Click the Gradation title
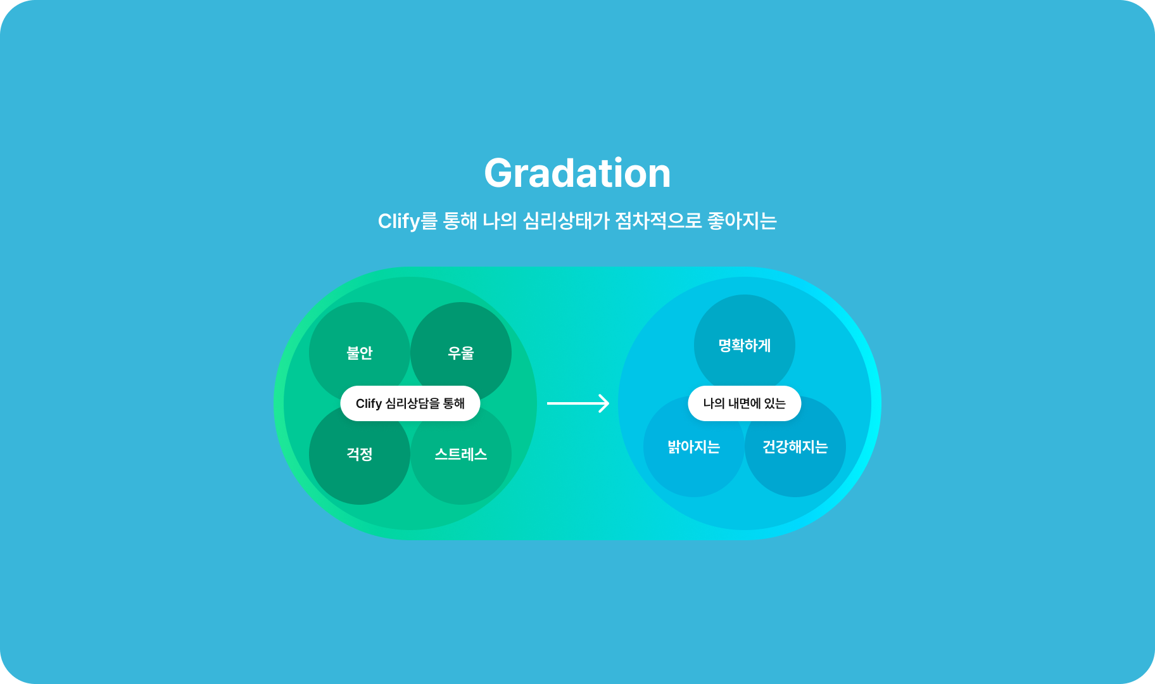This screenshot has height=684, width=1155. click(x=577, y=174)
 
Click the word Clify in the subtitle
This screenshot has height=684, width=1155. click(x=399, y=222)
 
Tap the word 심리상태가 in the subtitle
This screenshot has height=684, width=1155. click(x=566, y=221)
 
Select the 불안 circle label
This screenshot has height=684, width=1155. click(x=360, y=353)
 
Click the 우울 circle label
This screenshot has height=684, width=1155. click(x=461, y=353)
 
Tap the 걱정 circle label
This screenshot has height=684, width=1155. click(x=360, y=454)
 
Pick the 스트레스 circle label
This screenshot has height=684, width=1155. click(x=461, y=454)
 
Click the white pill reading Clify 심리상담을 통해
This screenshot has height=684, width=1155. click(x=410, y=403)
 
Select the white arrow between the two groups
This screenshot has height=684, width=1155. click(x=578, y=403)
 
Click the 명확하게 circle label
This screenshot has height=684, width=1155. click(x=745, y=345)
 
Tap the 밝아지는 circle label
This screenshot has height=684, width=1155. click(x=694, y=446)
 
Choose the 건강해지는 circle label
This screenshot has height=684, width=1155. click(x=795, y=446)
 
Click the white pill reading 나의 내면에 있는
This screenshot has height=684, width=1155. click(x=745, y=403)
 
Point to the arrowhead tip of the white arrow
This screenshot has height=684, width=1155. click(x=609, y=403)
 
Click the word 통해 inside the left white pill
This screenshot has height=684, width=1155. click(x=454, y=403)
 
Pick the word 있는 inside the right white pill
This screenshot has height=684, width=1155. click(x=775, y=403)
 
